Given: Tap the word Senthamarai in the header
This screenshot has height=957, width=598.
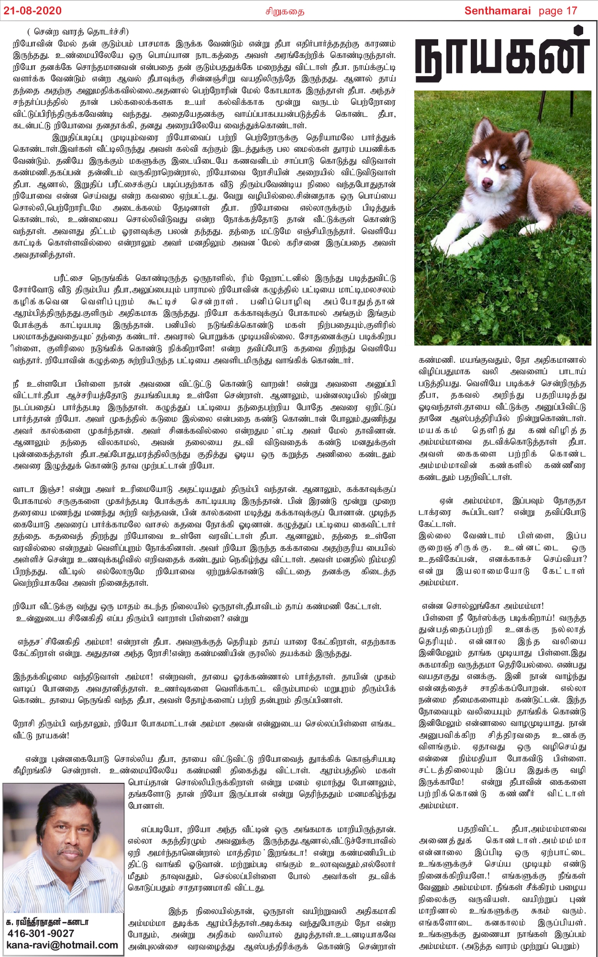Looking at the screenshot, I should click(x=498, y=11).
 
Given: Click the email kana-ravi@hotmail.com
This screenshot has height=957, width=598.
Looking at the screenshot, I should click(x=62, y=945).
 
